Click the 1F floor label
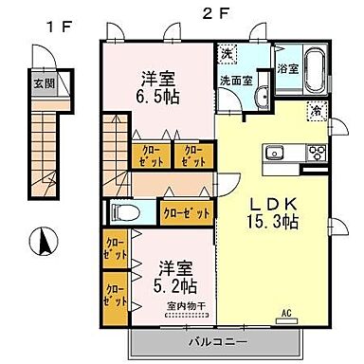tap(44, 28)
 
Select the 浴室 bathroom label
tap(287, 67)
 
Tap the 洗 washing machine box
tap(227, 52)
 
